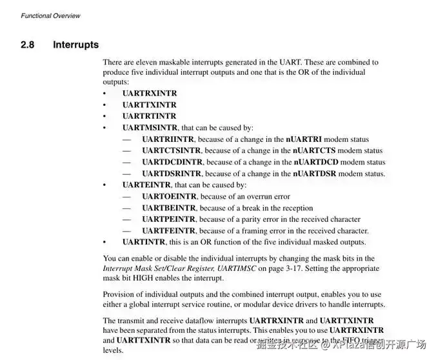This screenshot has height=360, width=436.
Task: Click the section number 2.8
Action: (28, 45)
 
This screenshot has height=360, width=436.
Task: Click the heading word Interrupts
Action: (76, 45)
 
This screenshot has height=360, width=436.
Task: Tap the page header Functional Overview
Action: (51, 15)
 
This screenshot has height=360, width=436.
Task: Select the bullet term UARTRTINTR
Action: (149, 116)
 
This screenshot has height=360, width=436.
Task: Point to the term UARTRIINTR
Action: (169, 139)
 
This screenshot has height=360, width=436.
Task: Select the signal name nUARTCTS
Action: (310, 151)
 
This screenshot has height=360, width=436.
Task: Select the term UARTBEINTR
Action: (170, 208)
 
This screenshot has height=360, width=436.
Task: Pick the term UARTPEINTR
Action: (170, 219)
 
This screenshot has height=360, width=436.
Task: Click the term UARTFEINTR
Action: (169, 231)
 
